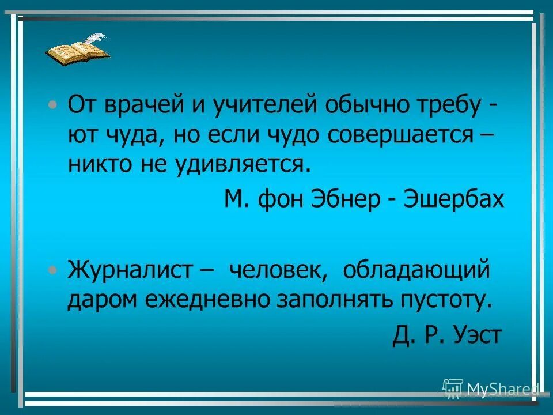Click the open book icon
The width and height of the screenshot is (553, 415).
pos(76,52)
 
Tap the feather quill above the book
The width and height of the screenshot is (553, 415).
pos(96,39)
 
